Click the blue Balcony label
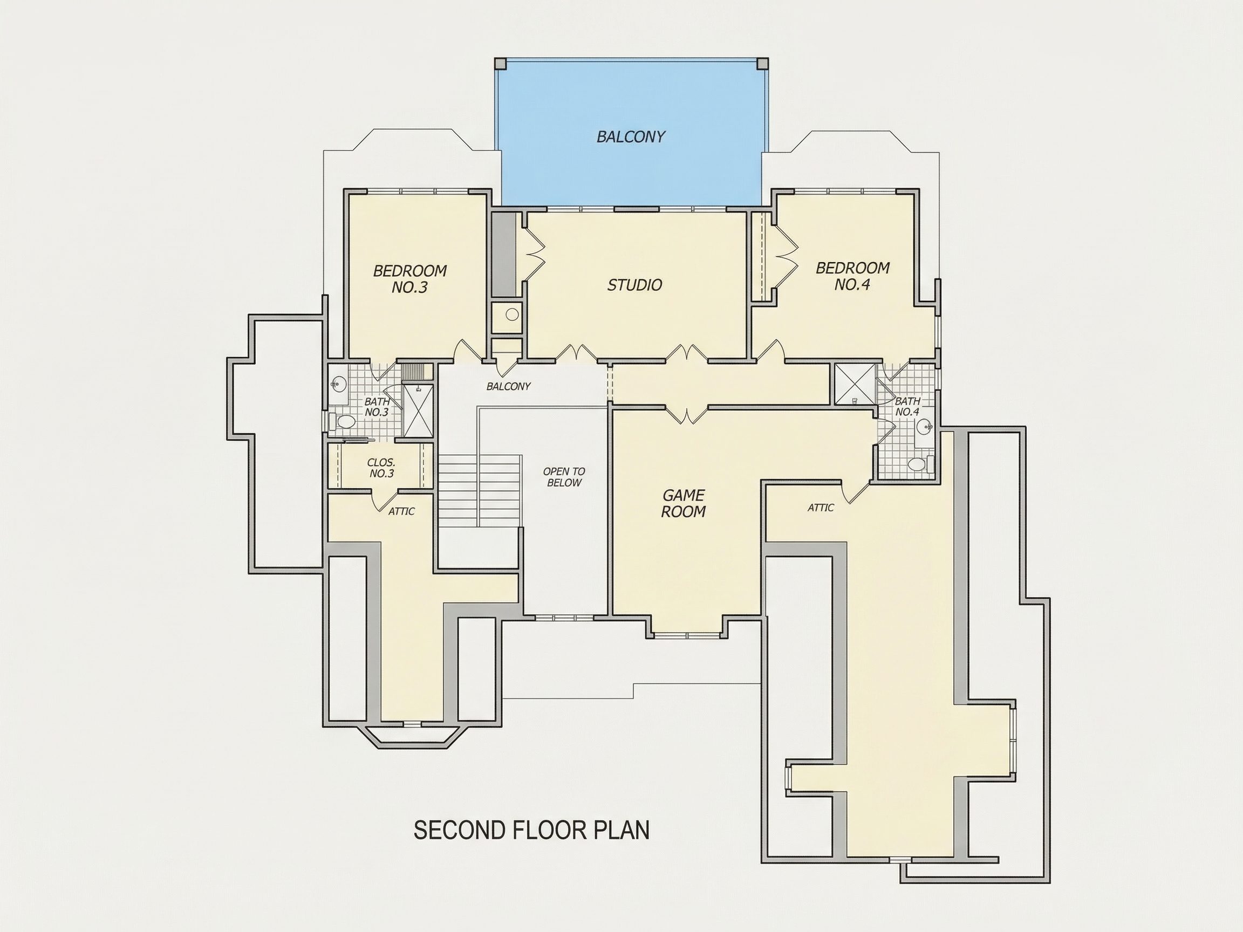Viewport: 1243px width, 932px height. (x=631, y=136)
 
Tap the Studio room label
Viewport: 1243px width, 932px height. (x=634, y=285)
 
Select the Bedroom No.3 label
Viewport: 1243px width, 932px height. (x=409, y=279)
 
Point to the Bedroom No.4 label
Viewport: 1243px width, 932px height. (x=852, y=276)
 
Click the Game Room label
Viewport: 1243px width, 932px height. (x=684, y=503)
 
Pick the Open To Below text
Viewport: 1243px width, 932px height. (x=564, y=477)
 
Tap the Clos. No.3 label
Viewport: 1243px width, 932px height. (x=381, y=468)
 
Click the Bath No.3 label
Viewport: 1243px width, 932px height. (x=377, y=407)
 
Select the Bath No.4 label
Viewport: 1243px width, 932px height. (x=907, y=406)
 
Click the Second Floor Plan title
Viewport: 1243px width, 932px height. (x=531, y=830)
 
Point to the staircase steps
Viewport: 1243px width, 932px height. (x=479, y=490)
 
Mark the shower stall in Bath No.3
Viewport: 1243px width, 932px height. (x=418, y=411)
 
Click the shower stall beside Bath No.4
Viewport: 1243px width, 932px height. (x=855, y=384)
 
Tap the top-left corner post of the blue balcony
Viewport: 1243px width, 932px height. (x=501, y=63)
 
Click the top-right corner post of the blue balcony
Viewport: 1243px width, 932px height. (x=762, y=63)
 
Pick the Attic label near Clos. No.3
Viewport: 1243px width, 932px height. (x=401, y=511)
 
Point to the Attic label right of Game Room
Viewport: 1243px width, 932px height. (x=821, y=508)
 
